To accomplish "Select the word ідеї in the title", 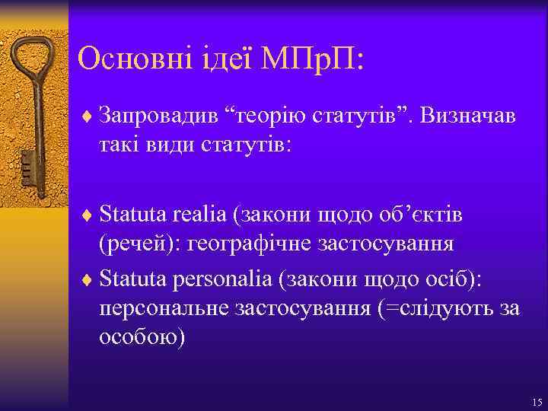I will coord(224,59).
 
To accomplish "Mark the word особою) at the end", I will coord(142,336).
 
